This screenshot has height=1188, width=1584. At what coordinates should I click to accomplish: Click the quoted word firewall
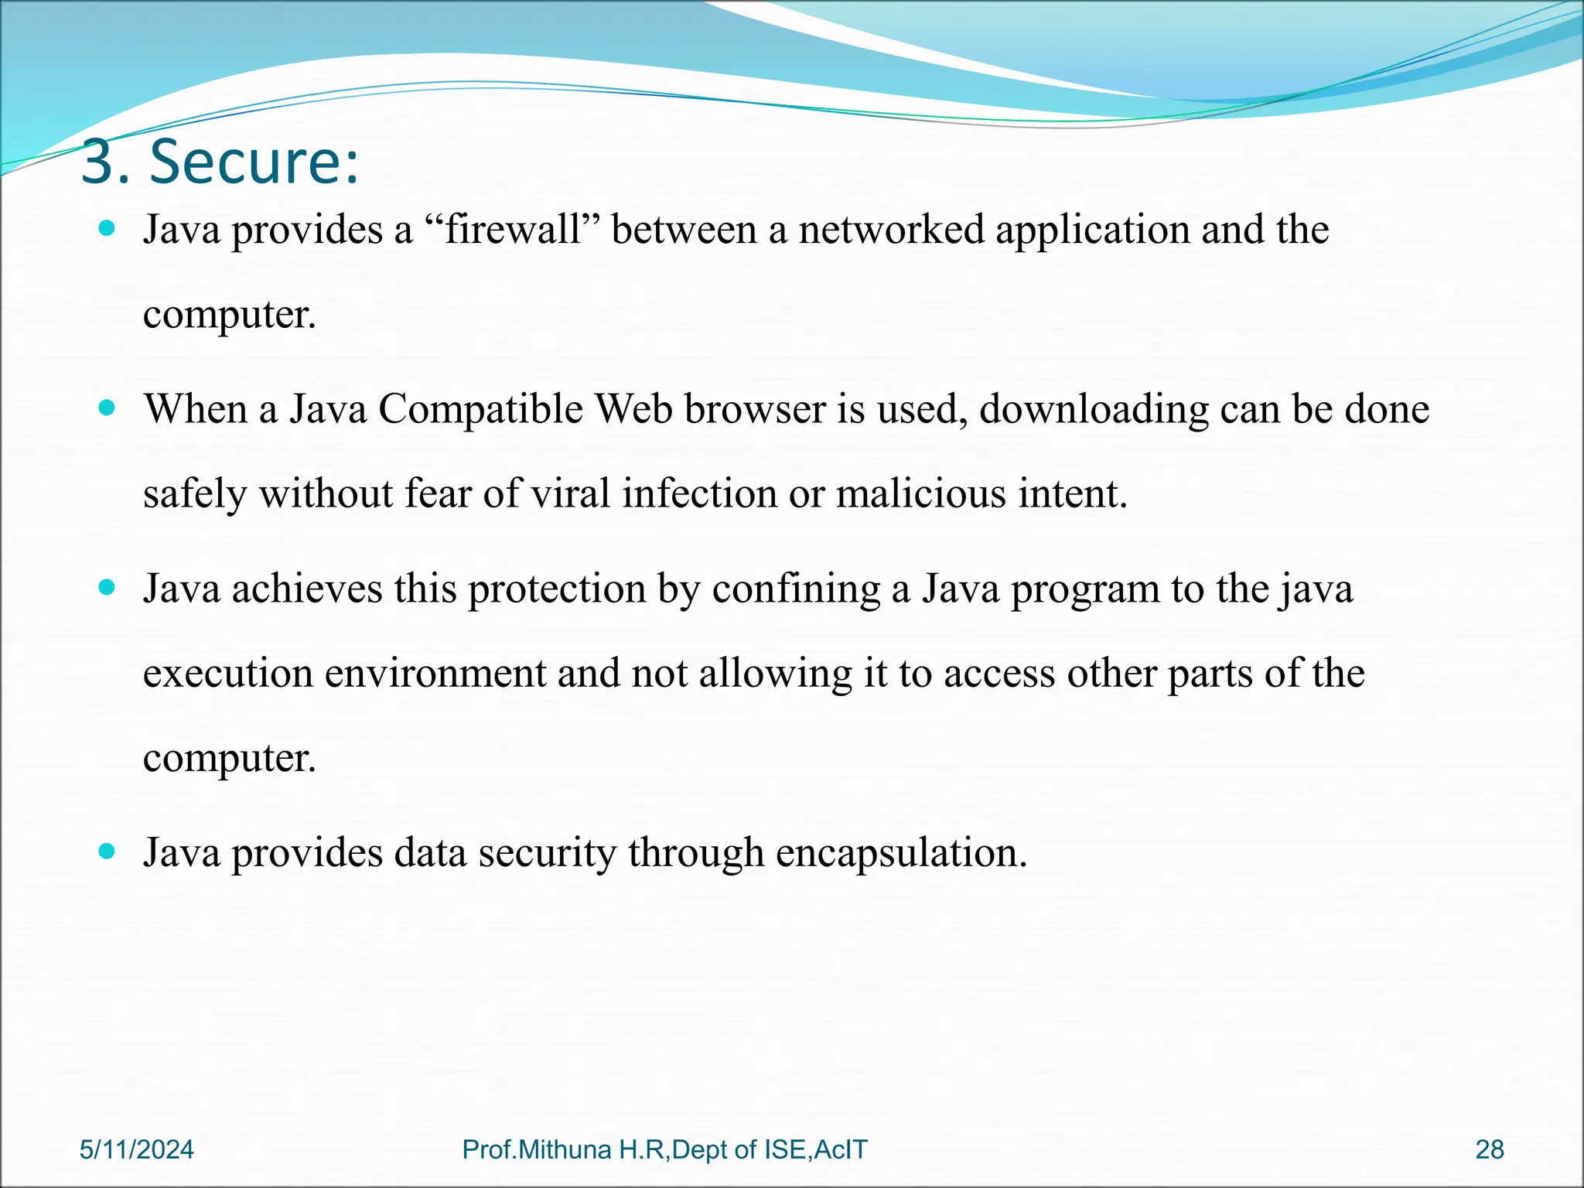[x=513, y=230]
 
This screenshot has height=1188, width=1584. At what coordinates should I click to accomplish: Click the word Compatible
[x=480, y=409]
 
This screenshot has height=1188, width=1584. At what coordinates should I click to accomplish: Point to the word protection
[x=556, y=589]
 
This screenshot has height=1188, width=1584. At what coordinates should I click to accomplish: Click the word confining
[x=796, y=589]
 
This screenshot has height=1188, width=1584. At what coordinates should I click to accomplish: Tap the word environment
[x=435, y=673]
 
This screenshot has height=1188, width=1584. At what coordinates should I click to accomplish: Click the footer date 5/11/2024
[x=137, y=1150]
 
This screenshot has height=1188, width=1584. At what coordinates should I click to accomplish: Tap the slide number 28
[x=1490, y=1150]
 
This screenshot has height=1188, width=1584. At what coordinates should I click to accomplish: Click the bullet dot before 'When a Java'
[x=108, y=408]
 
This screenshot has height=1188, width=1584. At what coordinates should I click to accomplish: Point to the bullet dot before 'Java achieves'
[x=108, y=588]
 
